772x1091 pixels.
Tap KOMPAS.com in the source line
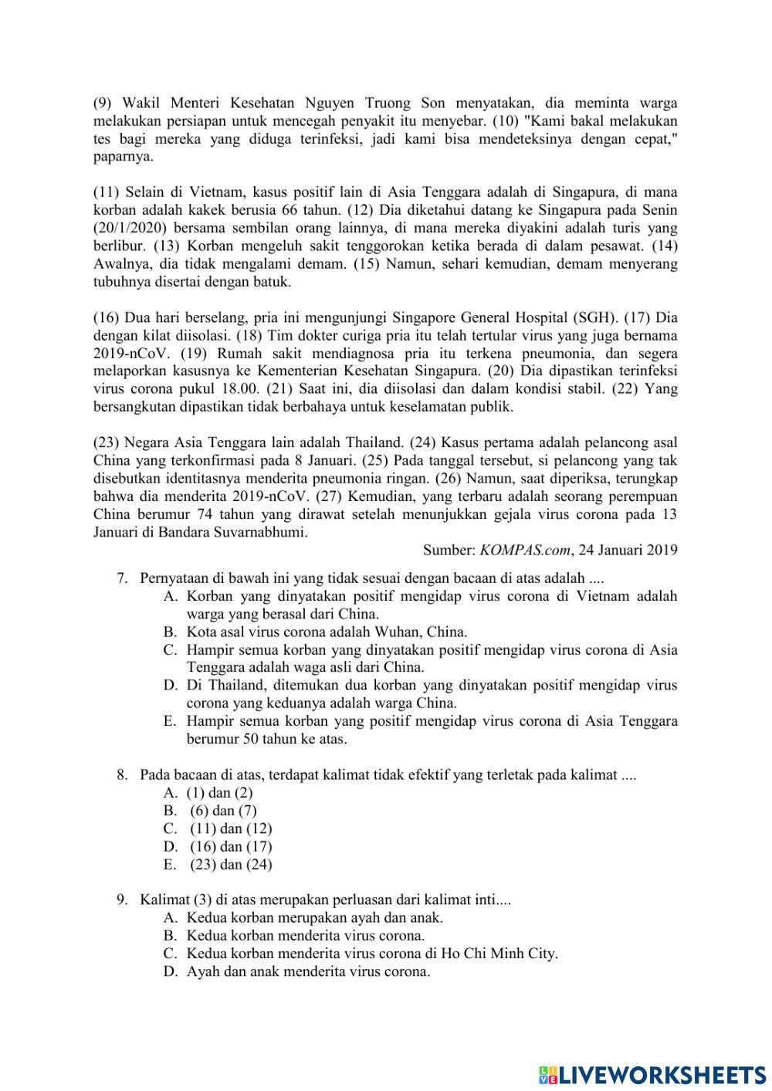click(526, 551)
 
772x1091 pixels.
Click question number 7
click(122, 578)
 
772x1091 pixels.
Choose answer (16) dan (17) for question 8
click(231, 847)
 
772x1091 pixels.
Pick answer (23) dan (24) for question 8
click(231, 865)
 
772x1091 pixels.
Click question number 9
click(122, 900)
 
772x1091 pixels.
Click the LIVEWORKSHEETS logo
click(652, 1074)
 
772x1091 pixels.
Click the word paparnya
click(124, 156)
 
